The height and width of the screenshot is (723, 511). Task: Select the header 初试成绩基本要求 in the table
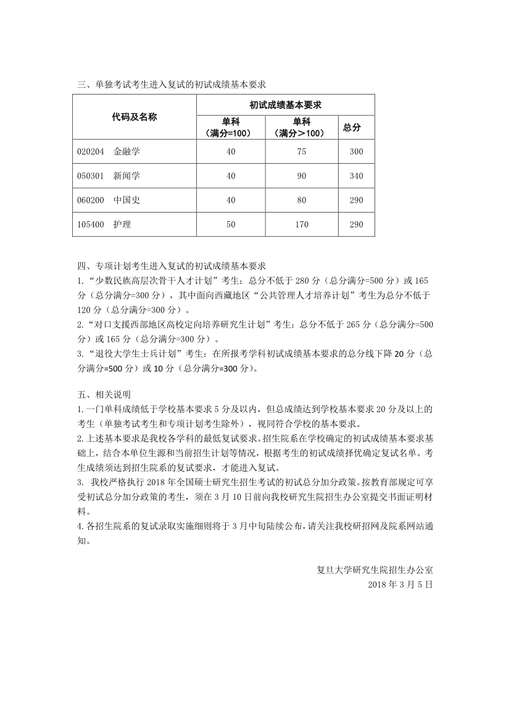tap(286, 105)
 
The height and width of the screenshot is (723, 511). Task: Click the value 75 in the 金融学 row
tap(301, 151)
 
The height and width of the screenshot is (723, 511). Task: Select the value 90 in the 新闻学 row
tap(301, 176)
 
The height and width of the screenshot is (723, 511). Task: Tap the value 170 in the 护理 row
tap(301, 224)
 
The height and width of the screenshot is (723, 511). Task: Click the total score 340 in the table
tap(356, 176)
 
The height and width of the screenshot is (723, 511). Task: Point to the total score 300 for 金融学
tap(356, 151)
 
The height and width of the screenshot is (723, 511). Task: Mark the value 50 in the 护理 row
tap(231, 224)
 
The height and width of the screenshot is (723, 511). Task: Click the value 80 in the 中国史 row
tap(301, 200)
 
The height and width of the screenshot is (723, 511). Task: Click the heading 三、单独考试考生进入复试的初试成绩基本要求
tap(172, 84)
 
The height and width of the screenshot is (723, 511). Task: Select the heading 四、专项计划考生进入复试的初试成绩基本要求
tap(172, 266)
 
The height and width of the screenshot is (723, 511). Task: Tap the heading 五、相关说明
tap(104, 394)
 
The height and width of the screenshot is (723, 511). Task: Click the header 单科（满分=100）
tap(231, 127)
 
